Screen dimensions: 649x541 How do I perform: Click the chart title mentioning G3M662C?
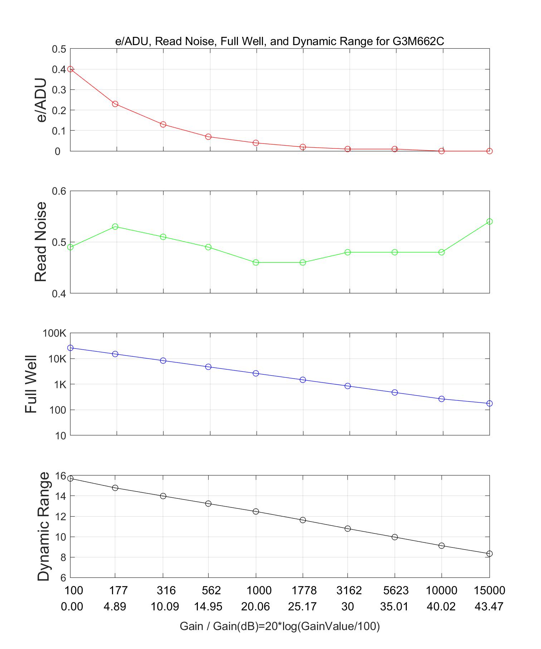[279, 42]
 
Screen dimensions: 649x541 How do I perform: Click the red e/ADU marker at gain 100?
[70, 69]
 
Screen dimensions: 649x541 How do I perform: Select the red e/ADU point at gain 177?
[115, 104]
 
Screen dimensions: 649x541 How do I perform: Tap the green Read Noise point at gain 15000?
[489, 221]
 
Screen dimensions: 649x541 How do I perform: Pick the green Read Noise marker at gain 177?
[115, 226]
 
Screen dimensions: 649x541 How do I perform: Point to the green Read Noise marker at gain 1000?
[256, 263]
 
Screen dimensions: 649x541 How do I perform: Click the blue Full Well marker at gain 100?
[70, 348]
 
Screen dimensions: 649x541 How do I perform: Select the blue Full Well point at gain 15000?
[489, 404]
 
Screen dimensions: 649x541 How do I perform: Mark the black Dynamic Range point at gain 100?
[70, 478]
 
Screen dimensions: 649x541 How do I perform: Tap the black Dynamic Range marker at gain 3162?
[347, 528]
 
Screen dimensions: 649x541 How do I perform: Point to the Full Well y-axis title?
[31, 384]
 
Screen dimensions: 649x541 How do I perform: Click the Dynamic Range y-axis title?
[44, 526]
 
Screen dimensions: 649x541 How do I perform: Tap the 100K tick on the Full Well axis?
[54, 333]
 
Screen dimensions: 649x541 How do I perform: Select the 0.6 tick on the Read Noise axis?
[59, 191]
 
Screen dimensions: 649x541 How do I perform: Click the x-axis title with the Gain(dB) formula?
[279, 626]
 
